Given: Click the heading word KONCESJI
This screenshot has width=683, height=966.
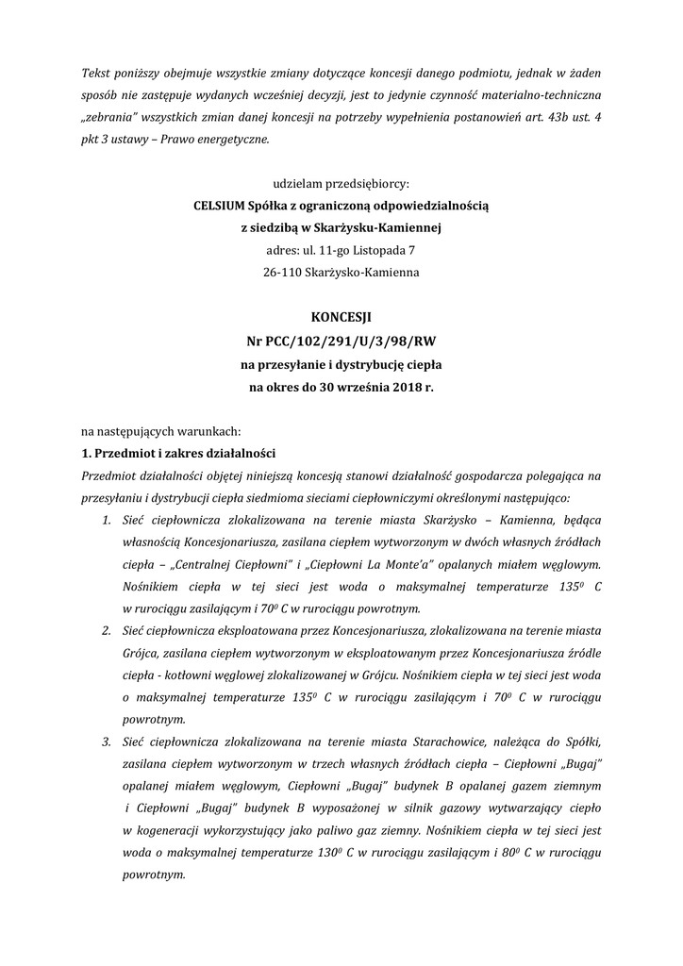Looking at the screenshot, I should point(341,318).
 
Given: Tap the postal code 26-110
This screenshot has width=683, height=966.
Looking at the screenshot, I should point(284,273).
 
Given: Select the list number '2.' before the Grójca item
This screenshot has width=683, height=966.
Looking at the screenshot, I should point(107,629).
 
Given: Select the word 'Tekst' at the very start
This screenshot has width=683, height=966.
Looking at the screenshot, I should point(97,73).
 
